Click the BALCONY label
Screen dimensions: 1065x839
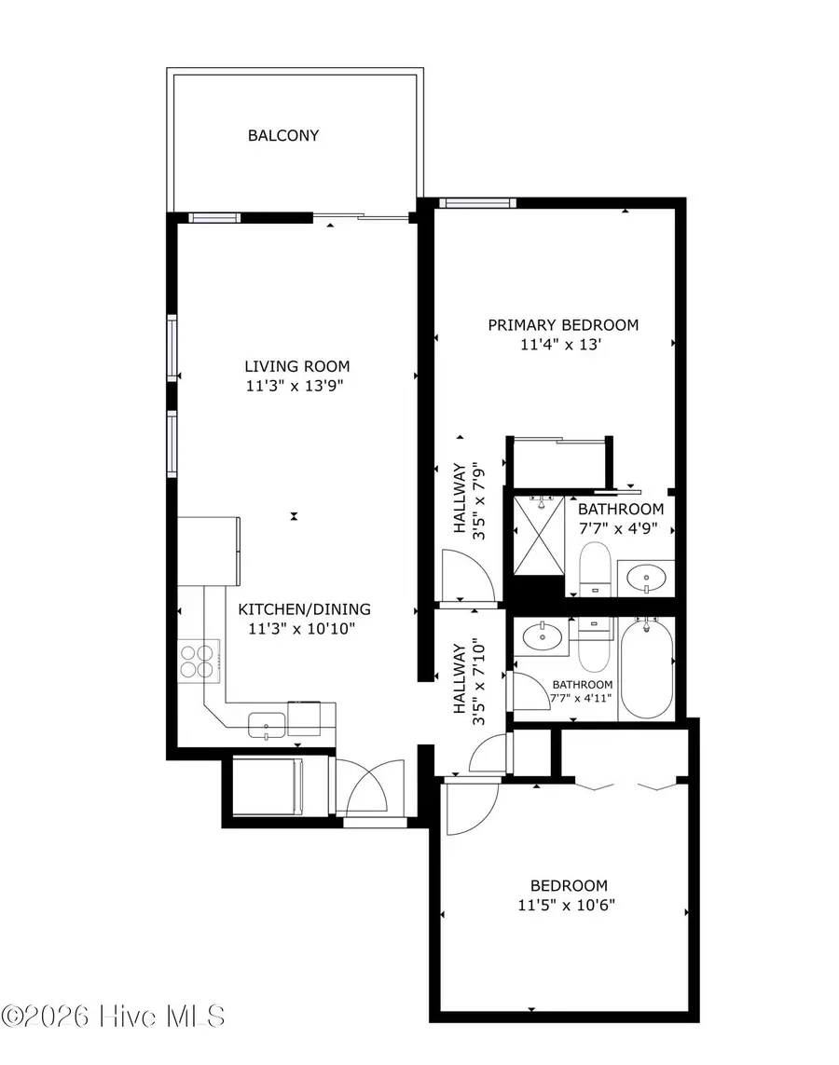[x=283, y=135]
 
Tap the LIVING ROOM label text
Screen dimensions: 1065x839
[x=297, y=366]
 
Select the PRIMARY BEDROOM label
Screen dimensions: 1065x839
[x=563, y=325]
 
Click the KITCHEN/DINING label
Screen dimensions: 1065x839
[x=304, y=609]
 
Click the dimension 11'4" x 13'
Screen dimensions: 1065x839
[x=563, y=345]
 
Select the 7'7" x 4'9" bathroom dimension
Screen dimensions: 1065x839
[x=621, y=527]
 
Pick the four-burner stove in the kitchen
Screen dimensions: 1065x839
[x=199, y=661]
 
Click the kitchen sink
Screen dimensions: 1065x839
[x=266, y=721]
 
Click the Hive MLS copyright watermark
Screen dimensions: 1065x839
[x=113, y=1016]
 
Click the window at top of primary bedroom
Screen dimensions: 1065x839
[x=477, y=202]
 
